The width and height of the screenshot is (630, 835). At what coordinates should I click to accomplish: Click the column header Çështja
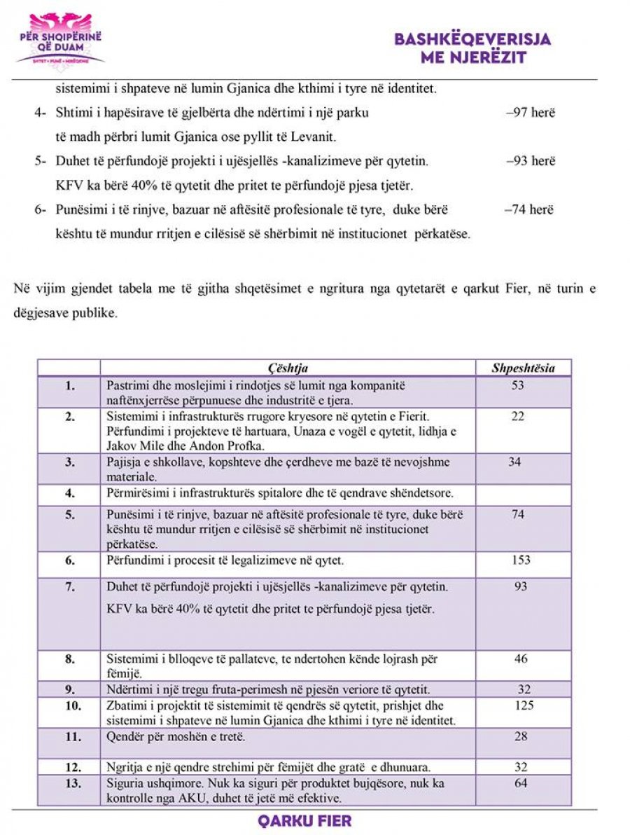coord(288,368)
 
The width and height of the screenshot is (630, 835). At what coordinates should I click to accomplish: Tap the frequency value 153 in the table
coord(521,560)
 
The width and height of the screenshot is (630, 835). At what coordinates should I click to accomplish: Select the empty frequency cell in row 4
coord(524,494)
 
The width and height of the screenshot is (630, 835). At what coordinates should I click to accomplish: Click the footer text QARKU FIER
coord(314,821)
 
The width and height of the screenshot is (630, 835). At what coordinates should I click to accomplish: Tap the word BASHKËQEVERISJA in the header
coord(472,39)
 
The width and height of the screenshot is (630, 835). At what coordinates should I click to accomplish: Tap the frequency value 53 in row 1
coord(517,385)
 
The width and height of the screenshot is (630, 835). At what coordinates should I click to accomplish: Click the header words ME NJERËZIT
coord(473,57)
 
